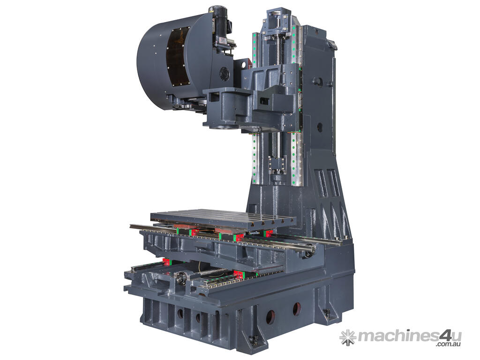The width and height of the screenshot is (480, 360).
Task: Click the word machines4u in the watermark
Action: [x=410, y=337]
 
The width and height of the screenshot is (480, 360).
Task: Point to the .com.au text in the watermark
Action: [x=449, y=345]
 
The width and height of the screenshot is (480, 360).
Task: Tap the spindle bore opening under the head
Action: [x=225, y=126]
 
